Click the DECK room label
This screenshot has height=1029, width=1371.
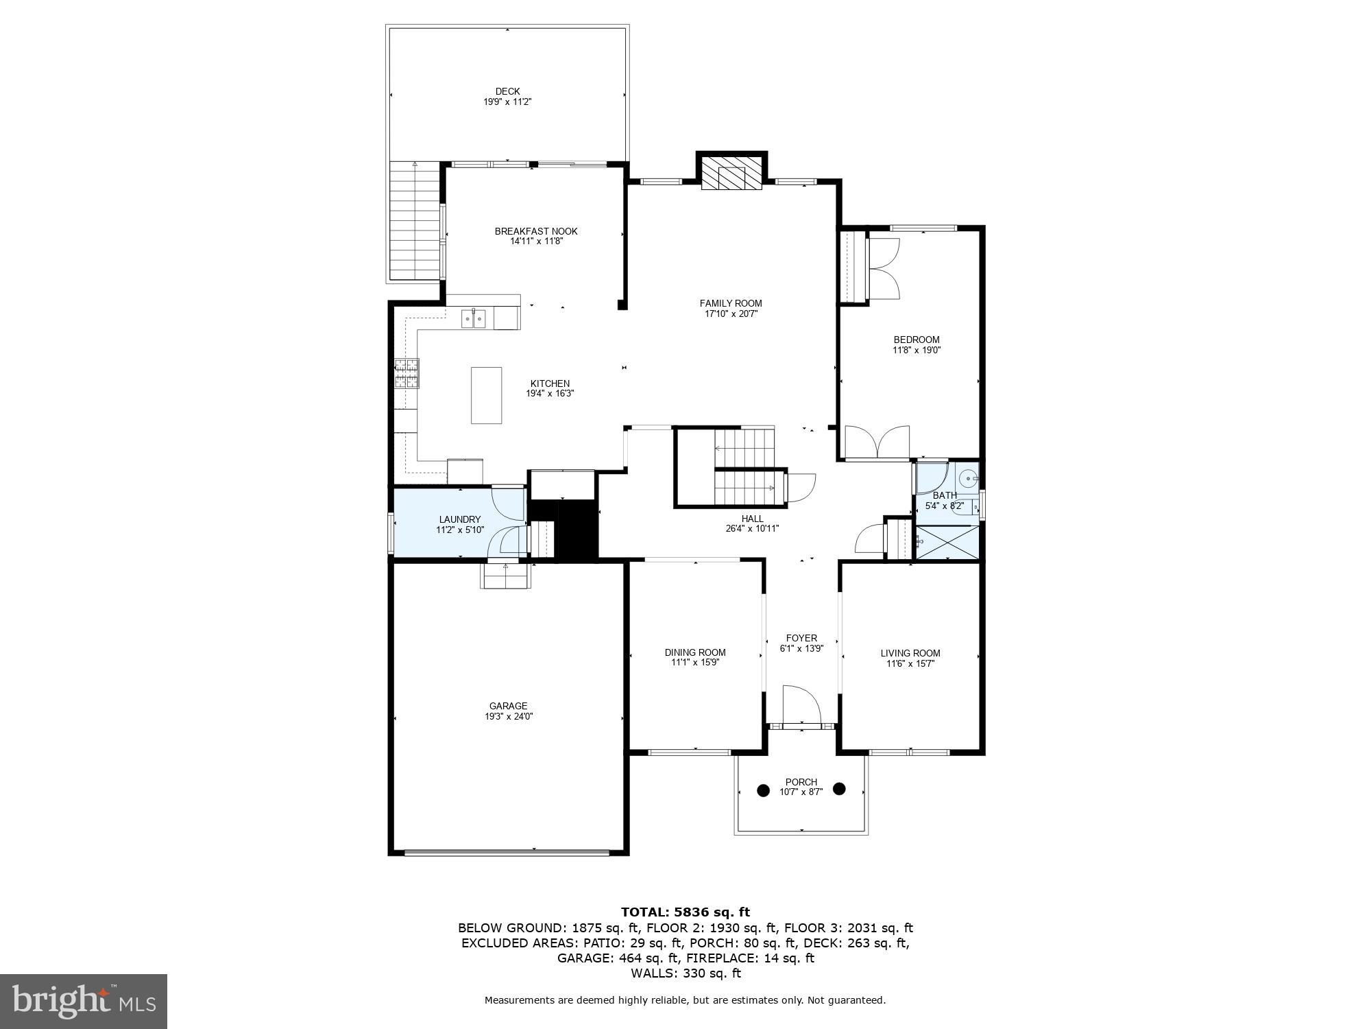click(507, 91)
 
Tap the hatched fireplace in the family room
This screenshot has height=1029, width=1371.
click(731, 172)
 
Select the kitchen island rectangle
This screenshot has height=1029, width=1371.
click(486, 395)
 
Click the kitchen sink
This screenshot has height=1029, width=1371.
click(473, 318)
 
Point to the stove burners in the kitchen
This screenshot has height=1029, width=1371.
click(407, 374)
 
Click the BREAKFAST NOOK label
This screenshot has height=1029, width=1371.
click(536, 231)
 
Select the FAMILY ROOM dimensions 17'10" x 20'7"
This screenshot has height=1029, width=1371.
click(731, 314)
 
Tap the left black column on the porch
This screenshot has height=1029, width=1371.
click(763, 790)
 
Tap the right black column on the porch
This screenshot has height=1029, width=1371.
click(839, 789)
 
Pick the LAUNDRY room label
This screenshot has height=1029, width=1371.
click(460, 519)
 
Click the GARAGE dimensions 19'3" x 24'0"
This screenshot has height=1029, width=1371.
click(509, 716)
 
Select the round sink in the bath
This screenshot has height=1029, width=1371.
click(968, 478)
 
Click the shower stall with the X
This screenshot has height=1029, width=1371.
click(947, 542)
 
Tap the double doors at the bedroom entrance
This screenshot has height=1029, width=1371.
click(877, 442)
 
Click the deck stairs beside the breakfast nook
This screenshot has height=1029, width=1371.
click(415, 220)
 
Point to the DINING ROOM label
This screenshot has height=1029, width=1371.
click(695, 652)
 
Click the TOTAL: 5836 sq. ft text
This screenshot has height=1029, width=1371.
click(685, 912)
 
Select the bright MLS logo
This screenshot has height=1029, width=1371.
click(84, 1001)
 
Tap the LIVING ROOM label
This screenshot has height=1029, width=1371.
click(910, 653)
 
